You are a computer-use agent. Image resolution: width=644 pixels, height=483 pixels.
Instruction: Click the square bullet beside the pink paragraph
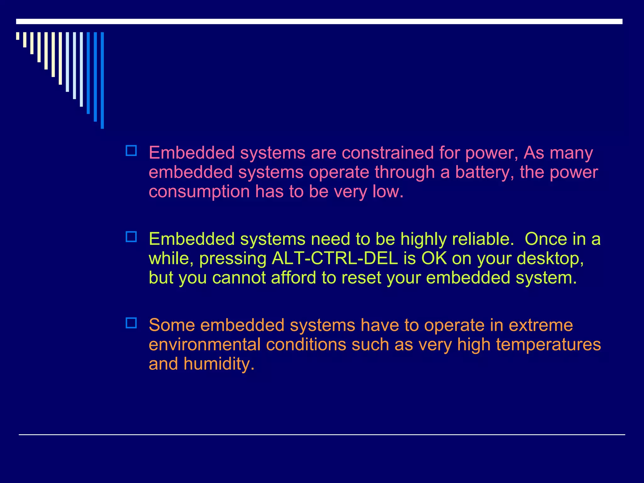point(131,151)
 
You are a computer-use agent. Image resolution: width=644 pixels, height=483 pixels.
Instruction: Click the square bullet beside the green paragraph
point(131,237)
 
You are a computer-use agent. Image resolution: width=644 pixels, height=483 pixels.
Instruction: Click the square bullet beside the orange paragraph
point(131,323)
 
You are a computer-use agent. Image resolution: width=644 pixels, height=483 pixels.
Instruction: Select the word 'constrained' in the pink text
point(388,153)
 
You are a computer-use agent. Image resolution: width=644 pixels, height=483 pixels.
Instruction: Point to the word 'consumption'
point(199,192)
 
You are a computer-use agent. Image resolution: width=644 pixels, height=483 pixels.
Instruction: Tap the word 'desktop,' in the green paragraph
point(550,258)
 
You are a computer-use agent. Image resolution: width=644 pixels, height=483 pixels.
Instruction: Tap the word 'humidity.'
point(219,364)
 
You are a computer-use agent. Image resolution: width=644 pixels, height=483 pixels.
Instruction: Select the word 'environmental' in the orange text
point(205,345)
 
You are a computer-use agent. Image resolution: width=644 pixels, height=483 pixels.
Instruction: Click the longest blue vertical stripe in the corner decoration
point(102,80)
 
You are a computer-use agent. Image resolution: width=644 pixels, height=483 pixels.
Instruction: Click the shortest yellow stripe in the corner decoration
point(18,36)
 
